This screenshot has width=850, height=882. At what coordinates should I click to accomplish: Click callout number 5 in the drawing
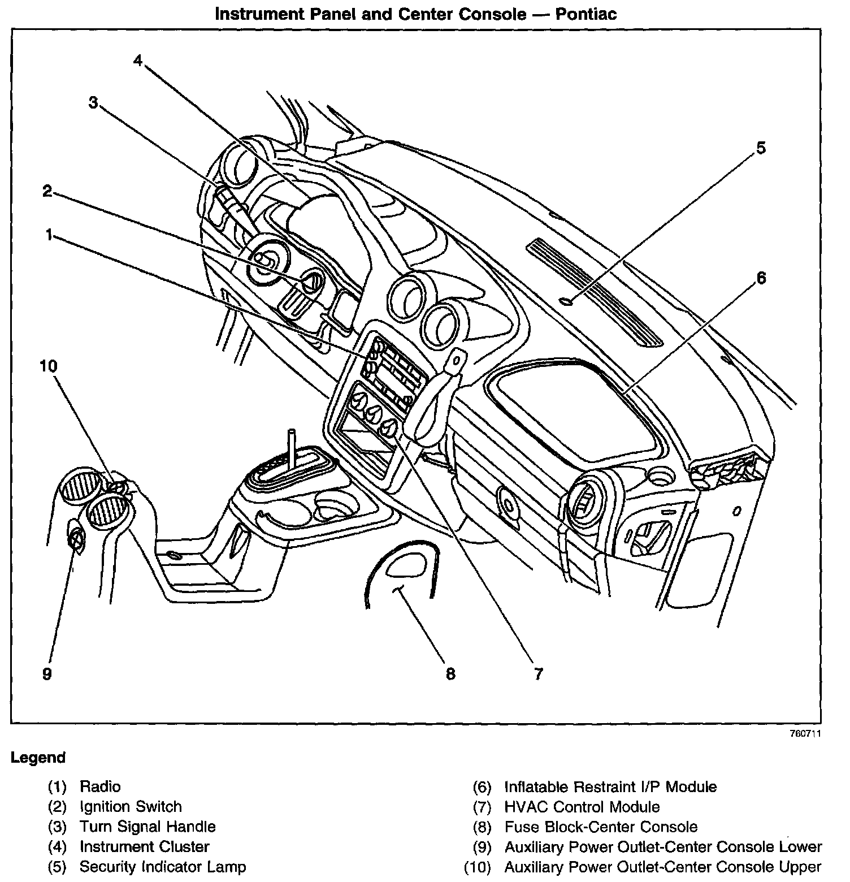tap(761, 148)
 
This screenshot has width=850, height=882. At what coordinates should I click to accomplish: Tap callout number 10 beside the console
tap(49, 366)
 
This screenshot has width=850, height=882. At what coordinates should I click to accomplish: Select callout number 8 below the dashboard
tap(450, 673)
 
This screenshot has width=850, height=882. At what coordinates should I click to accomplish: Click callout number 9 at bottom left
tap(47, 673)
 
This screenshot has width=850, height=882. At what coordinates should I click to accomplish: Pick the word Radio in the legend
tap(100, 786)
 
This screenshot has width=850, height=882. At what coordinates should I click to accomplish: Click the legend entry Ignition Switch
tap(131, 807)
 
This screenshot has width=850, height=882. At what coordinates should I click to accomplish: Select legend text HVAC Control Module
tap(582, 807)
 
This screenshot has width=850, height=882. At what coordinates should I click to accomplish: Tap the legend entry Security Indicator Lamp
tap(163, 867)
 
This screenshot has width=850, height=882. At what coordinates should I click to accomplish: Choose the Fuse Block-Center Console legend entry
tap(601, 827)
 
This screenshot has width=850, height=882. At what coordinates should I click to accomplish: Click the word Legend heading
tap(38, 758)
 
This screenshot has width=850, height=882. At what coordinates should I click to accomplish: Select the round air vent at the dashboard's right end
tap(583, 500)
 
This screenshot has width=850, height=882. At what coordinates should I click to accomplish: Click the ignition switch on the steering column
tap(311, 280)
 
